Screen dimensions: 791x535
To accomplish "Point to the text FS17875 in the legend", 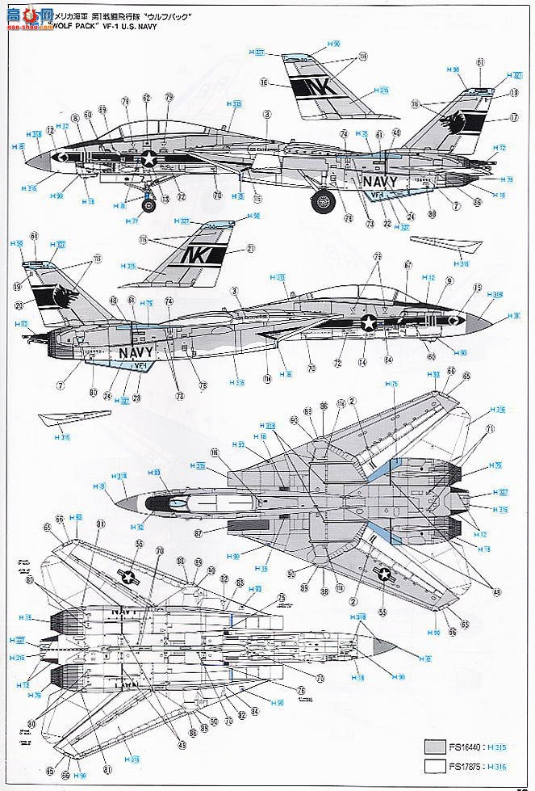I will point(476,768).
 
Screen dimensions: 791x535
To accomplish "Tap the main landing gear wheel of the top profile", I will point(324,200).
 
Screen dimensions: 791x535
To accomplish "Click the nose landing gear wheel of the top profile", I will point(148,204).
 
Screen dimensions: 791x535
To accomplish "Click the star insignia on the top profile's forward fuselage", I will point(149,159).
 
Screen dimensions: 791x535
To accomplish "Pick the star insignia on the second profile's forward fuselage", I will point(369,324).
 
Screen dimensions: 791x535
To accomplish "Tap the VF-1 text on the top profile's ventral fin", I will point(376,195).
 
